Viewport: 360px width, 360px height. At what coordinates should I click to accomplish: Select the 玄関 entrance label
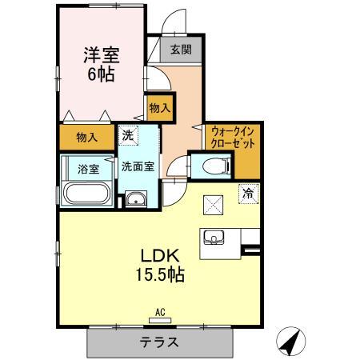tap(179, 50)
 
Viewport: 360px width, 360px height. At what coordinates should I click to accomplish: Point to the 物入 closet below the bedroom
tap(88, 138)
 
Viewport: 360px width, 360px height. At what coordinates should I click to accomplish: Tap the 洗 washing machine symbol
tap(128, 135)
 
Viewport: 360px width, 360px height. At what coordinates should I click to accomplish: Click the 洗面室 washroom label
tap(138, 168)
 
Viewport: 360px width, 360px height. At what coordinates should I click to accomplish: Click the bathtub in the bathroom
tap(87, 193)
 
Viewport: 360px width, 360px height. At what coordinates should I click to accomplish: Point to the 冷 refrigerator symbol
tap(249, 192)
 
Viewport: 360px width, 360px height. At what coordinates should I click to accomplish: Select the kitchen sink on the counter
tap(214, 238)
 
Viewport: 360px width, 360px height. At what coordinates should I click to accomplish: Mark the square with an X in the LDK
tap(214, 205)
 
